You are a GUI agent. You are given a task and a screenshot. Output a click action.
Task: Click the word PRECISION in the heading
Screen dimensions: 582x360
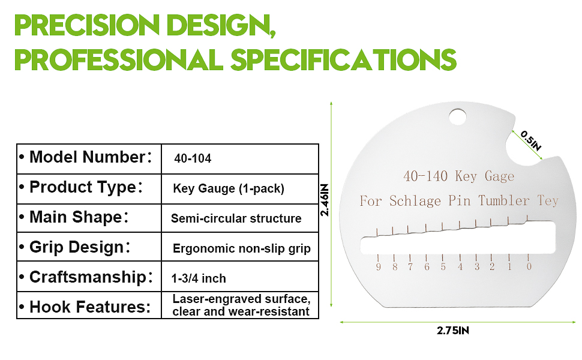pyautogui.click(x=87, y=25)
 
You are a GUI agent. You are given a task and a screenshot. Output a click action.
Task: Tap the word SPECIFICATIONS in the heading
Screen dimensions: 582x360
pyautogui.click(x=343, y=59)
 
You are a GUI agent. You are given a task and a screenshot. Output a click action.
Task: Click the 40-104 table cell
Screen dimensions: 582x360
pyautogui.click(x=193, y=158)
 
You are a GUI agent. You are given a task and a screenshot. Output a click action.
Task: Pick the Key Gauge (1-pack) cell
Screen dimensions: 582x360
pyautogui.click(x=228, y=188)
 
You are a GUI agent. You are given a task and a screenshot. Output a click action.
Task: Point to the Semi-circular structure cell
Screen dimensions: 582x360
pyautogui.click(x=236, y=218)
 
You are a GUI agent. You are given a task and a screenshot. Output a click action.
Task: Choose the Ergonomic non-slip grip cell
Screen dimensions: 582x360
pyautogui.click(x=242, y=248)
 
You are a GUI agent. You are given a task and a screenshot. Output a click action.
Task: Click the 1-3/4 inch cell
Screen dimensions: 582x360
pyautogui.click(x=199, y=278)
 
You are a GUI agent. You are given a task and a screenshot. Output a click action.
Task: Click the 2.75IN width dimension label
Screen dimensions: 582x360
pyautogui.click(x=453, y=331)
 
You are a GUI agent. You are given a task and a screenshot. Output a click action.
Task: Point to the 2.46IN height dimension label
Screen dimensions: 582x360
pyautogui.click(x=325, y=200)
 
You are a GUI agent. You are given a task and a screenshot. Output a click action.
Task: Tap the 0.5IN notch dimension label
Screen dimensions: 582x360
pyautogui.click(x=531, y=140)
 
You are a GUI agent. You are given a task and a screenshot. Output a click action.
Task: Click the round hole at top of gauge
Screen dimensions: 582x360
pyautogui.click(x=457, y=117)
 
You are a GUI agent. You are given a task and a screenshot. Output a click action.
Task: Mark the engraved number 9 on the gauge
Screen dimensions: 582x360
pyautogui.click(x=378, y=267)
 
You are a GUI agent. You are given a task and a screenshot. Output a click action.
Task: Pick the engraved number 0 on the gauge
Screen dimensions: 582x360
pyautogui.click(x=529, y=266)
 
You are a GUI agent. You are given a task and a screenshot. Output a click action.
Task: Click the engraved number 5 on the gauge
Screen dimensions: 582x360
pyautogui.click(x=443, y=267)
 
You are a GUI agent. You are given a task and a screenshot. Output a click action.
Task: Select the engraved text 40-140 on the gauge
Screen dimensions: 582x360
pyautogui.click(x=425, y=176)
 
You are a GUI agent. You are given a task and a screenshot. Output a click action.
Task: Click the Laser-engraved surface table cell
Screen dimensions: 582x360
pyautogui.click(x=241, y=305)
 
